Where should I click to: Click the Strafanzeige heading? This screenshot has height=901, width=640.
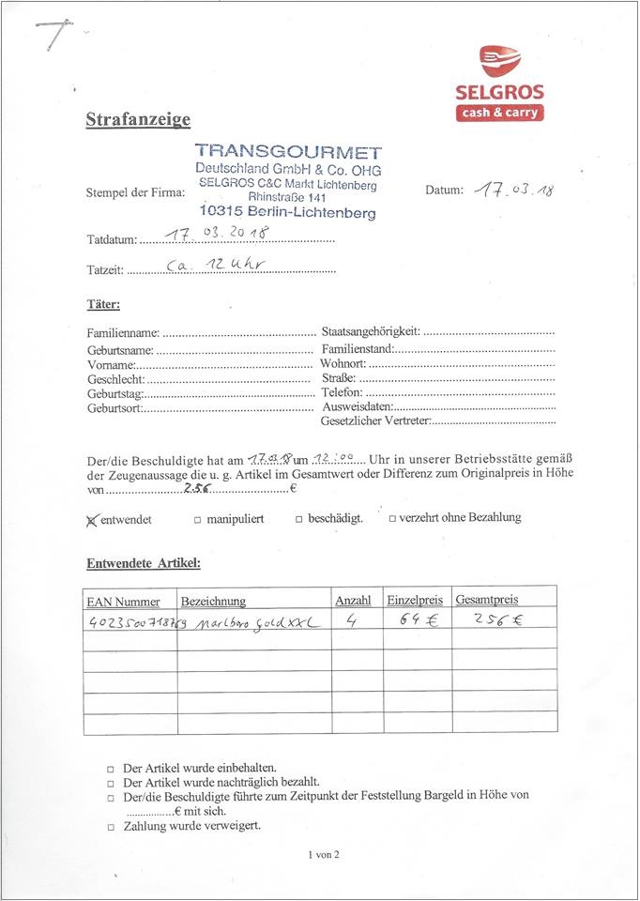pyautogui.click(x=138, y=119)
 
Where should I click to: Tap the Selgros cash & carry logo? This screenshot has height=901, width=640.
pyautogui.click(x=499, y=84)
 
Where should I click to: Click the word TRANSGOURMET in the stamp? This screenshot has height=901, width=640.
pyautogui.click(x=288, y=152)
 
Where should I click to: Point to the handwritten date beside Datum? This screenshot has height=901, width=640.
pyautogui.click(x=513, y=190)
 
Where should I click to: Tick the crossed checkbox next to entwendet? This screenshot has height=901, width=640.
pyautogui.click(x=92, y=519)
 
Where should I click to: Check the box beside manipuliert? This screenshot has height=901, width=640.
pyautogui.click(x=198, y=519)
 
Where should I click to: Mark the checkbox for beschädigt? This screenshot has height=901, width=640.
pyautogui.click(x=299, y=519)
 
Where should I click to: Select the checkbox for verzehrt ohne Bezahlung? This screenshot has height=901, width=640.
pyautogui.click(x=392, y=518)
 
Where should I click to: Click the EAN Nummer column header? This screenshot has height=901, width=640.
pyautogui.click(x=123, y=602)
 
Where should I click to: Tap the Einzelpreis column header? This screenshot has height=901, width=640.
pyautogui.click(x=414, y=600)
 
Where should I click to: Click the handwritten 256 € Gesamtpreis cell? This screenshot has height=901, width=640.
pyautogui.click(x=497, y=620)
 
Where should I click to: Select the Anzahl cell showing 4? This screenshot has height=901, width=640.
pyautogui.click(x=350, y=620)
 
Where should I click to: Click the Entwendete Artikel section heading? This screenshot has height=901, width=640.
pyautogui.click(x=144, y=564)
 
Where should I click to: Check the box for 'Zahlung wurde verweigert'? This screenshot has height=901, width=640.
pyautogui.click(x=111, y=828)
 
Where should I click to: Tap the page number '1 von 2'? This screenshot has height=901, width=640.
pyautogui.click(x=323, y=855)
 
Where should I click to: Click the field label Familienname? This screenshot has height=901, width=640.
pyautogui.click(x=123, y=333)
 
